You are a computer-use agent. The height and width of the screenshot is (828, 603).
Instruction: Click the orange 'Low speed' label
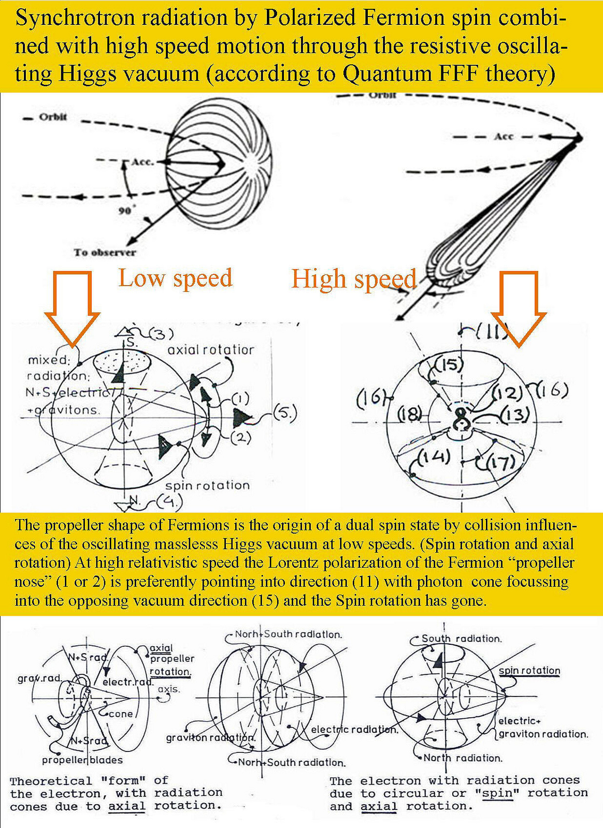pos(175,278)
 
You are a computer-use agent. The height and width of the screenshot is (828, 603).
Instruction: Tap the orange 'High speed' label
pos(353,279)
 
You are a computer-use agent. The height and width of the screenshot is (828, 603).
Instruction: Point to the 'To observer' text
pos(105,253)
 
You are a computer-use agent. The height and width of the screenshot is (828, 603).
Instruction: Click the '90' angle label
pos(124,211)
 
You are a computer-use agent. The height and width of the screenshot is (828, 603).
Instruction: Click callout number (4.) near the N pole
pos(169,501)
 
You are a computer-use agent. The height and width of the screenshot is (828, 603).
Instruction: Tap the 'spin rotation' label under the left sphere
pos(207,485)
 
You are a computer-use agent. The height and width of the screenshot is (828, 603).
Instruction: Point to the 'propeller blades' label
pos(82,760)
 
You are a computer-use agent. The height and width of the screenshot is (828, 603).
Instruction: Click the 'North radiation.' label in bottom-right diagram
pos(463,758)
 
